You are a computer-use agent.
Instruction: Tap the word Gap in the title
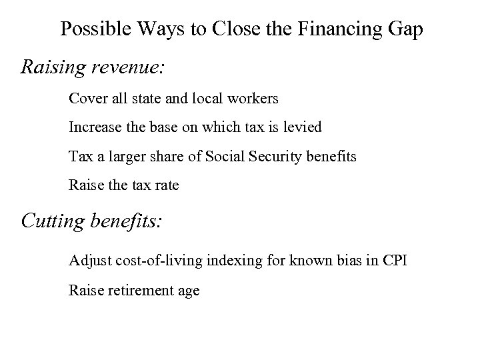(404, 29)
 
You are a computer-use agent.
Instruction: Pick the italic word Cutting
(52, 221)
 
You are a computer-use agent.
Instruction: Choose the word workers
(253, 99)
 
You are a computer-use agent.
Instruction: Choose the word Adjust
(88, 260)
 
